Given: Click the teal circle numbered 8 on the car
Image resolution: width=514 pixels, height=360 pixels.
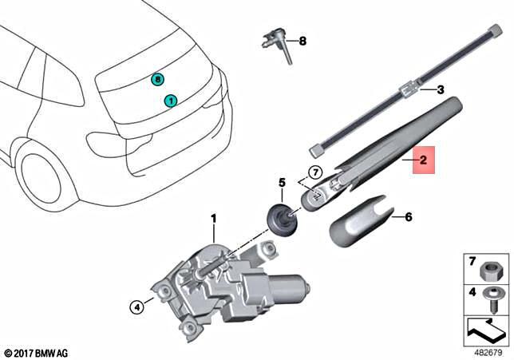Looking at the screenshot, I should coord(157,79).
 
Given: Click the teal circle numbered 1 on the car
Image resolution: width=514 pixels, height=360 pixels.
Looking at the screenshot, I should coord(170,101).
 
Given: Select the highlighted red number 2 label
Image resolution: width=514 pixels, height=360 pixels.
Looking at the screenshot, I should coord(424,161).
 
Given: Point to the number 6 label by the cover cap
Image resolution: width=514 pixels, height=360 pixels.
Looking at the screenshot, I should coord(408,216).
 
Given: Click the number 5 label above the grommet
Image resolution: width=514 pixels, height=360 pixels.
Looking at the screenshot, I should coord(282,183).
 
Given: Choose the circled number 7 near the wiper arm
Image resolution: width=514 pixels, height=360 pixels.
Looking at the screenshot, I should coord(314,171).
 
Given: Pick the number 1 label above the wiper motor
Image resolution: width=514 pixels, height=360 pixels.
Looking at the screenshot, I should coord(213,217).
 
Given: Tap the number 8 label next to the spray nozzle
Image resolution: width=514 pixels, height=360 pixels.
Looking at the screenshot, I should coord(302,40).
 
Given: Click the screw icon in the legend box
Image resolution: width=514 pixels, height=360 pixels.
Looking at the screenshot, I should coord(492,295).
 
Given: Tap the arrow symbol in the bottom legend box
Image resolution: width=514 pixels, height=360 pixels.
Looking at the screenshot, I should coord(485,327).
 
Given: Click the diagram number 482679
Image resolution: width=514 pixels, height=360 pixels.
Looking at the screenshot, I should coord(488,351).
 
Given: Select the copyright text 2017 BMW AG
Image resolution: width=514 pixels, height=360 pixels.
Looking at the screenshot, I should coord(35,352).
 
